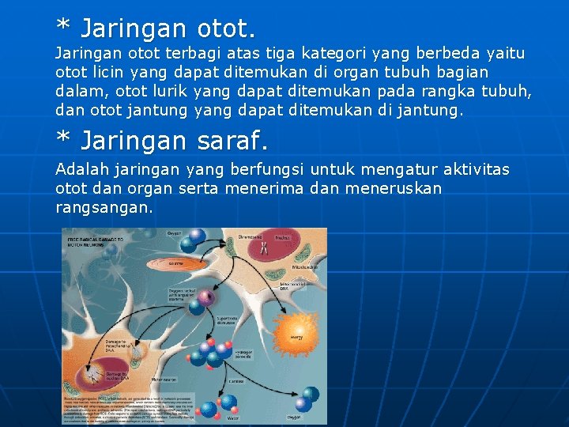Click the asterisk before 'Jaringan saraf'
point(62,139)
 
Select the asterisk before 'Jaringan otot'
point(62,27)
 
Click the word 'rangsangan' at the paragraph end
point(104,208)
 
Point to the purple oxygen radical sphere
point(207,299)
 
